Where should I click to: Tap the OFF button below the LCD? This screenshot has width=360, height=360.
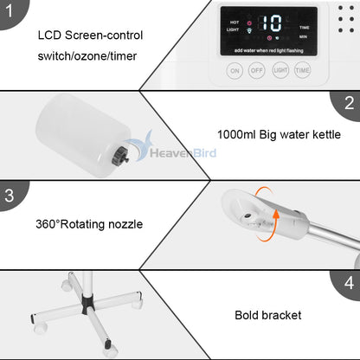(x=257, y=71)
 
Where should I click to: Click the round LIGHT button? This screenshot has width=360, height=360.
(x=280, y=71)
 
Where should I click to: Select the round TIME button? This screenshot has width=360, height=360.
(x=302, y=71)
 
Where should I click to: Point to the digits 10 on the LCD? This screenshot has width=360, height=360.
(x=272, y=23)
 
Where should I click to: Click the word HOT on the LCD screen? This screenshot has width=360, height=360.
(x=235, y=21)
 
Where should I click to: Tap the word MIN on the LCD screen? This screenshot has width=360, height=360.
(x=304, y=37)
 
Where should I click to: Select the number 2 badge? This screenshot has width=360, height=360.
(x=349, y=104)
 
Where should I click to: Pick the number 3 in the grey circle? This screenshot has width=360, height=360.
(x=10, y=195)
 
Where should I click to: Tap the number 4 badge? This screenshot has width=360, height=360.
(x=349, y=282)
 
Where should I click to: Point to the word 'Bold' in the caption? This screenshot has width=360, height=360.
(x=249, y=316)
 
